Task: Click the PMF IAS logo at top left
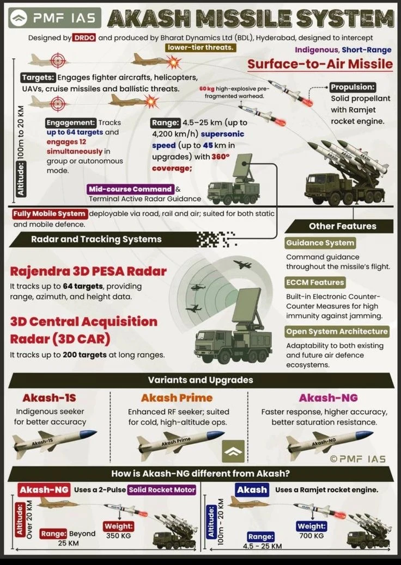point(53,17)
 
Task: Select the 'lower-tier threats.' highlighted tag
point(200,48)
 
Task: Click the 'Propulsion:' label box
point(353,88)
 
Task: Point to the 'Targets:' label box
point(38,78)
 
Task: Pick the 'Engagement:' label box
point(71,123)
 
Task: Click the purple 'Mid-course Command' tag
point(130,189)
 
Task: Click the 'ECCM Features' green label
point(315,282)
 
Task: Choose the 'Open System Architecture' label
point(337,331)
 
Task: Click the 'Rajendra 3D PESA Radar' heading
point(88,271)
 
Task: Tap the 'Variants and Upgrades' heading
point(200,380)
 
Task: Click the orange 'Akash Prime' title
point(177,398)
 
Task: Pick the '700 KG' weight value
point(312,536)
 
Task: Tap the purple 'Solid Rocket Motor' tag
point(162,490)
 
